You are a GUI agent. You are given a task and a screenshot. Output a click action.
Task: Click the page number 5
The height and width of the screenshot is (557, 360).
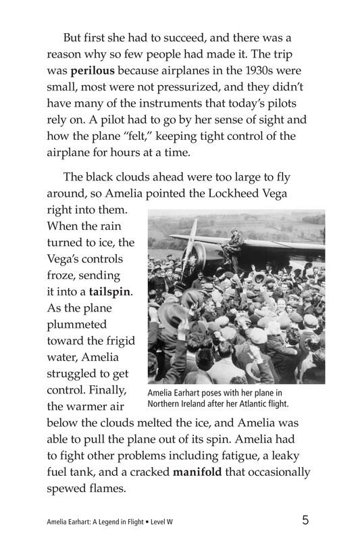click(x=306, y=520)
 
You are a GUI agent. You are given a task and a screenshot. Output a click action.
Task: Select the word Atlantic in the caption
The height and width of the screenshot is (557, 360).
click(x=249, y=404)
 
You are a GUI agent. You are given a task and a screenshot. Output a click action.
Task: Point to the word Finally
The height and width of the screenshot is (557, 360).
click(x=107, y=391)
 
